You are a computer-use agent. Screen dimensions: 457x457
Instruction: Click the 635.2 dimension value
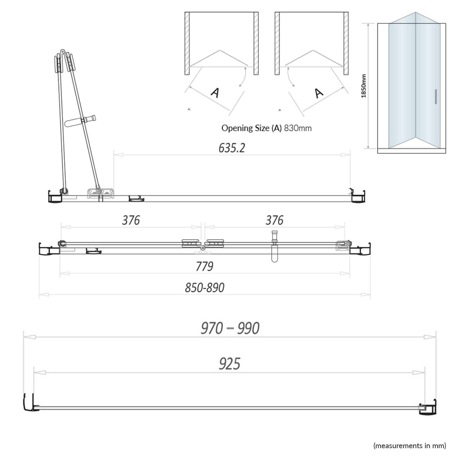[232, 148]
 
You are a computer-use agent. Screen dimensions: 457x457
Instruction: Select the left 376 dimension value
[131, 220]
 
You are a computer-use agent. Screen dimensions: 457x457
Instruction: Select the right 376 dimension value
[274, 220]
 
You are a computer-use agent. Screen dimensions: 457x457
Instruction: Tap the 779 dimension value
[204, 267]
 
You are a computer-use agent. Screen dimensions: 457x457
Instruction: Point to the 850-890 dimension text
[204, 288]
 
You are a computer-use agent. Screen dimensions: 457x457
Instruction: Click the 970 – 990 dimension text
[230, 328]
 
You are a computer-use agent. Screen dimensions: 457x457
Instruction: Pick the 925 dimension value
[229, 364]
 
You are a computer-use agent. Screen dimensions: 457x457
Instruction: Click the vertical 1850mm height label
[363, 86]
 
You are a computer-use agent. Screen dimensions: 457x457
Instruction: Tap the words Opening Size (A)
[251, 128]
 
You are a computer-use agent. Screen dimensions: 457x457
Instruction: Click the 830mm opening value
[298, 128]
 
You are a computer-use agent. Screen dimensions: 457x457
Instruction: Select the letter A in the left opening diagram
[215, 93]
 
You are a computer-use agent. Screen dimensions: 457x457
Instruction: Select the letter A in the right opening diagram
[319, 93]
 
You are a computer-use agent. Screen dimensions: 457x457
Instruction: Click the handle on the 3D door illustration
[436, 97]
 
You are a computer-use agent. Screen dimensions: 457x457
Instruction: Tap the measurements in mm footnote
[409, 446]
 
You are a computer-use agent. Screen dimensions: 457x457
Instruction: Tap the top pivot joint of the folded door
[62, 52]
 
